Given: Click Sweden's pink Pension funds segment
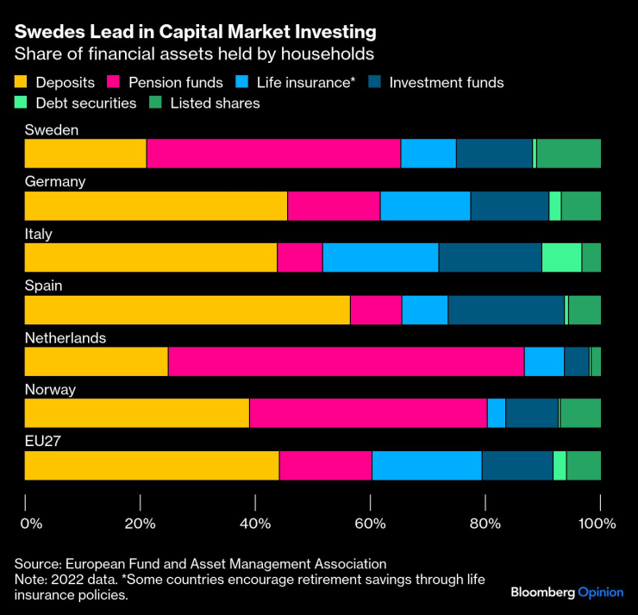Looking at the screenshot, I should [x=273, y=154].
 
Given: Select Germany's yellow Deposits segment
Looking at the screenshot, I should [x=155, y=205].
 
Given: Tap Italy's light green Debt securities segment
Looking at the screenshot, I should [x=561, y=257].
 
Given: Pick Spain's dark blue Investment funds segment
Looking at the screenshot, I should [x=505, y=309].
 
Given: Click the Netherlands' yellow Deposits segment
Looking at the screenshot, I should [x=96, y=361].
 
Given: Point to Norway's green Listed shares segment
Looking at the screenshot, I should [x=580, y=412].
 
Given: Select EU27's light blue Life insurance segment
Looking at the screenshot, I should [x=426, y=464].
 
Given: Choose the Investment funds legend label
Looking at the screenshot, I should [x=446, y=83].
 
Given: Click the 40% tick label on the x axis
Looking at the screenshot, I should [x=255, y=523].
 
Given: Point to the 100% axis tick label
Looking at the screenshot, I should [x=597, y=523].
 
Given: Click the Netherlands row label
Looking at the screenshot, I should [x=65, y=337].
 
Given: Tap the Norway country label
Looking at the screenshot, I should [x=50, y=389].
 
